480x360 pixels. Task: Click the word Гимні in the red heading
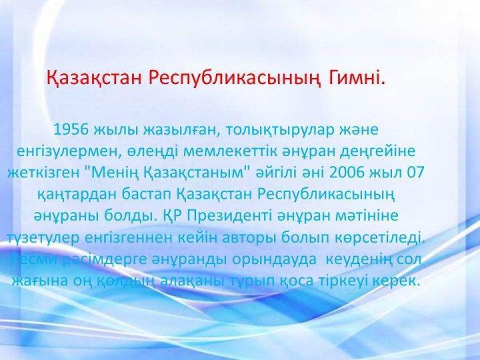[x=355, y=78]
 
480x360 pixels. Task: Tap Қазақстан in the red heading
[x=94, y=79]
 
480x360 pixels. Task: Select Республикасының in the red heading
[x=235, y=79]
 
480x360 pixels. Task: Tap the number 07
[x=415, y=173]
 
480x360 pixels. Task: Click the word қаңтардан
[x=76, y=195]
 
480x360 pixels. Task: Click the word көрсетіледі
[x=379, y=237]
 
